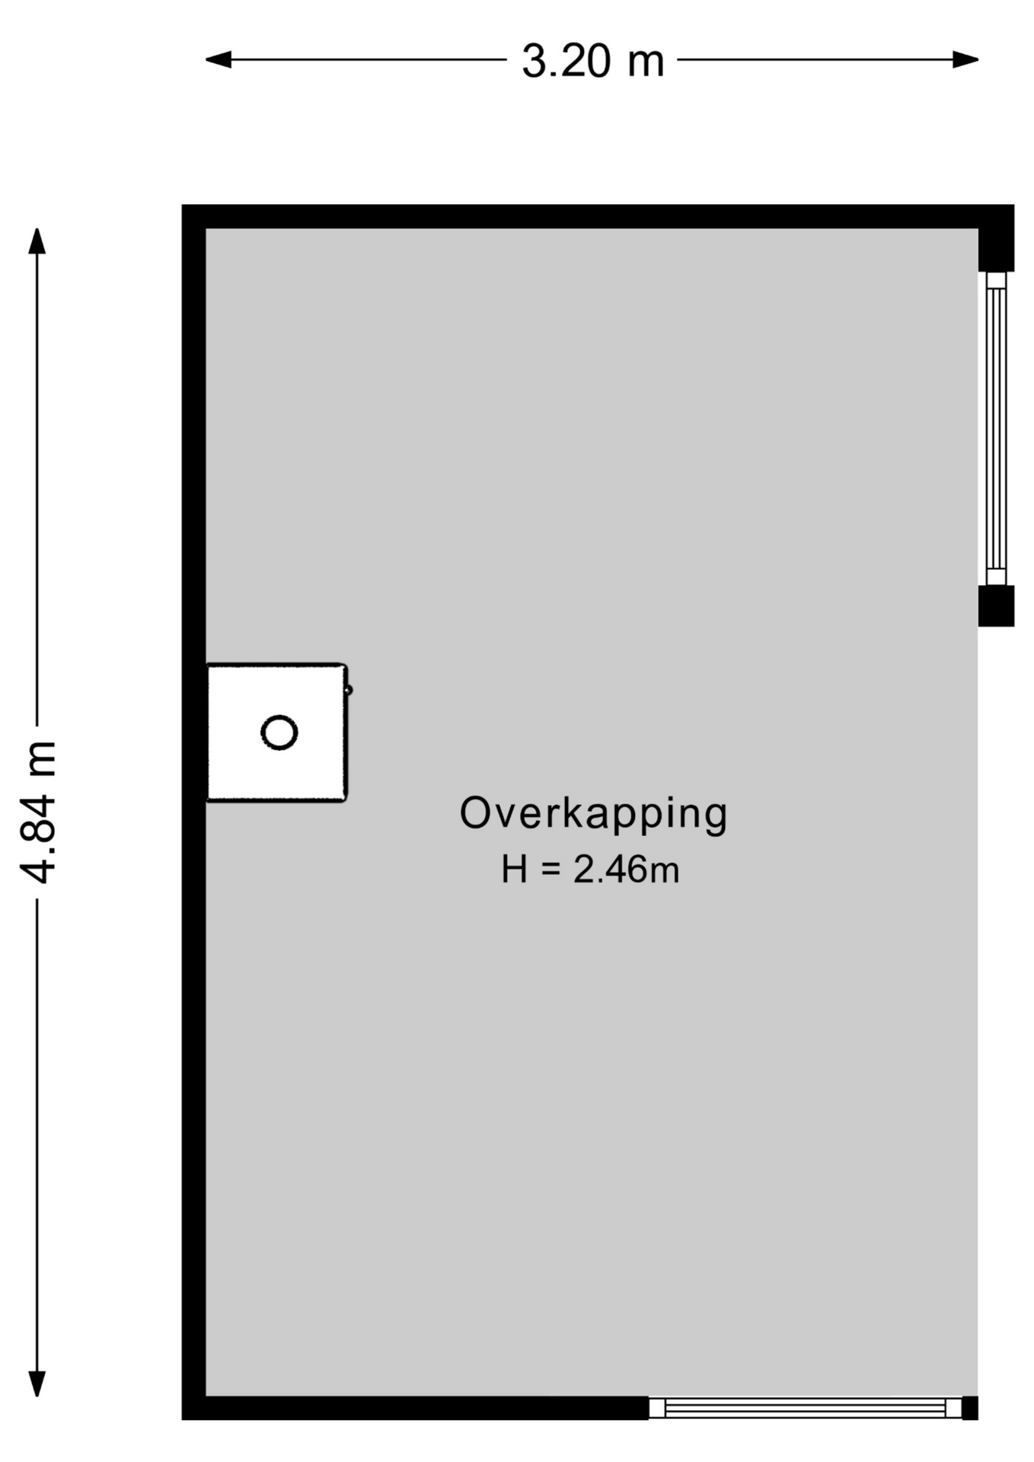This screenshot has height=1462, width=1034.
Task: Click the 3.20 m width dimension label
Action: pyautogui.click(x=592, y=61)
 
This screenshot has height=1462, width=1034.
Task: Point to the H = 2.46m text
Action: pyautogui.click(x=590, y=870)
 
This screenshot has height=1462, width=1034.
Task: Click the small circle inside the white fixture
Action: pyautogui.click(x=279, y=733)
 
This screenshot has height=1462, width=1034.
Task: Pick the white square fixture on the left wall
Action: pyautogui.click(x=277, y=733)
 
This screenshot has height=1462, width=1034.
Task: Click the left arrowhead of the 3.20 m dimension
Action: pyautogui.click(x=219, y=59)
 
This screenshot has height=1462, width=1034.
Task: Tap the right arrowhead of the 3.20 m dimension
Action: pyautogui.click(x=965, y=59)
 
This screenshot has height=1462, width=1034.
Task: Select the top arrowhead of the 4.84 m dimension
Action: pyautogui.click(x=37, y=241)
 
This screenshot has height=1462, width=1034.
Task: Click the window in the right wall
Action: pyautogui.click(x=996, y=428)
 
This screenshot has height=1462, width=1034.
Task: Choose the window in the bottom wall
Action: pyautogui.click(x=805, y=1408)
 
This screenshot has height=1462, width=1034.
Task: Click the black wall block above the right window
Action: pyautogui.click(x=996, y=238)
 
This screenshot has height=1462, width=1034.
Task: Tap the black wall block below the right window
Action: pyautogui.click(x=996, y=606)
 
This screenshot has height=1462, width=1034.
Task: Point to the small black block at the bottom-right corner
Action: pyautogui.click(x=970, y=1408)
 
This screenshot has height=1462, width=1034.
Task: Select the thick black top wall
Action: pyautogui.click(x=598, y=216)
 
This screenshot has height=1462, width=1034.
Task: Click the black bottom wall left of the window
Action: pyautogui.click(x=415, y=1408)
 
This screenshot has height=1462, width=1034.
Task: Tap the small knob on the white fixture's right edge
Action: pyautogui.click(x=349, y=691)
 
